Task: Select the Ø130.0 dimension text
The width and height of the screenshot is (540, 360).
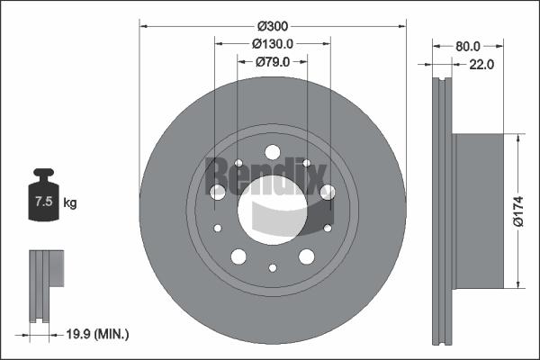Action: coord(273,43)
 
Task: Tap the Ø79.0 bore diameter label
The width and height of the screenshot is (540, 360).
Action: coord(272,61)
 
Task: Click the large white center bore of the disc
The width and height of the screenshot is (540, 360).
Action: coord(272,206)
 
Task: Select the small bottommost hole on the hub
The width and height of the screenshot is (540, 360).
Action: coord(273,267)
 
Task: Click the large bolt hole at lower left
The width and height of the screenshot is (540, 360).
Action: coord(238,256)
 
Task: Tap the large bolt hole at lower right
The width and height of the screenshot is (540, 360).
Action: coord(307,256)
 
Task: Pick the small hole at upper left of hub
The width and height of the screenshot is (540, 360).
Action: coord(238,164)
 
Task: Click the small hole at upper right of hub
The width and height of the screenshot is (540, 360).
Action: coord(307,164)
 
